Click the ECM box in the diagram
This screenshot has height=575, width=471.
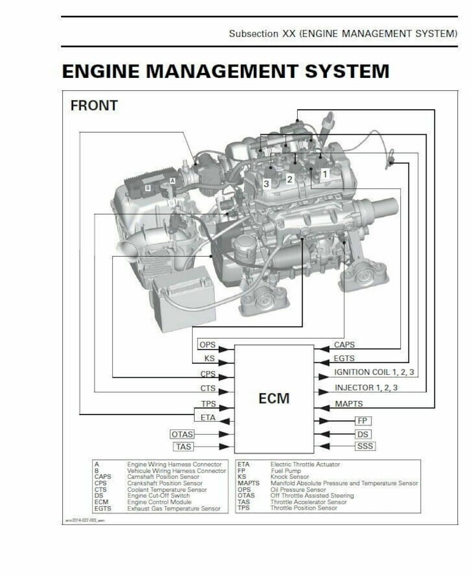pos(273,397)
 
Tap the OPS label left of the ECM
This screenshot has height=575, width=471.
pos(208,345)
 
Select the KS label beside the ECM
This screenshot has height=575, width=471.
pos(209,359)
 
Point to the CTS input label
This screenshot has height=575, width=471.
pos(208,389)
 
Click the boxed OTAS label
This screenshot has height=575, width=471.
pos(182,434)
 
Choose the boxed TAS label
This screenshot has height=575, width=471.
pos(183,447)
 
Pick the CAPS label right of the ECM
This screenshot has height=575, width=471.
pos(344,345)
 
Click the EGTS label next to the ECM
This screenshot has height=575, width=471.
pos(345,359)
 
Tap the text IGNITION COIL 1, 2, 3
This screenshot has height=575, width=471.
pos(374,373)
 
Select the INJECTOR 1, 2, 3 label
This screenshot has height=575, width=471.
pos(366,388)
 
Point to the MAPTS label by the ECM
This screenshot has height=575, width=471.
pos(349,405)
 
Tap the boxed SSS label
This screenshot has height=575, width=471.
pos(365,447)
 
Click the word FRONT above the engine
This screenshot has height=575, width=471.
pos(94,106)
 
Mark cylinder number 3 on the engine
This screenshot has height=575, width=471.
pos(266,184)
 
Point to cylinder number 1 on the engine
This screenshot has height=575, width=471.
pos(324,173)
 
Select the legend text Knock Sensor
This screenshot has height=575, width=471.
pos(289,476)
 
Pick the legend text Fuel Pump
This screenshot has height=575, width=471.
pos(285,470)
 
